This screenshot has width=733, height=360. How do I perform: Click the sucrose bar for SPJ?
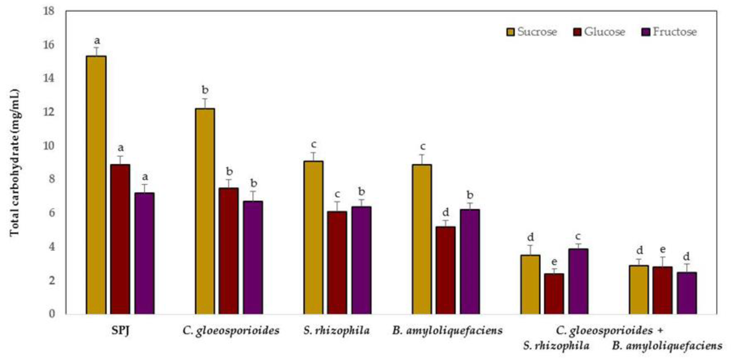tap(96, 185)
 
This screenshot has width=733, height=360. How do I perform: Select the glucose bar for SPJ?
tap(120, 239)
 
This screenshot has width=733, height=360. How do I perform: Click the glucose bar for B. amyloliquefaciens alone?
tap(446, 270)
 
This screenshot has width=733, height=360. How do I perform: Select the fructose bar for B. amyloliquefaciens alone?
tap(470, 262)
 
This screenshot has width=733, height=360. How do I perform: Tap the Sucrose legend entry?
tap(531, 32)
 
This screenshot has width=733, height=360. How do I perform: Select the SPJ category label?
tap(120, 331)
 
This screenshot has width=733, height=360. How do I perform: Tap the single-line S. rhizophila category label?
tap(336, 331)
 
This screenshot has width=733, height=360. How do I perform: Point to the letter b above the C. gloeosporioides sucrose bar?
tap(205, 90)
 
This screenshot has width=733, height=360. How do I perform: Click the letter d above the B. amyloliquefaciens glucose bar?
tap(446, 212)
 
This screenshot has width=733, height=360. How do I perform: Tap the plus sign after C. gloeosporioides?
tap(660, 331)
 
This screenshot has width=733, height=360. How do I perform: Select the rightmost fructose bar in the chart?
tap(687, 293)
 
